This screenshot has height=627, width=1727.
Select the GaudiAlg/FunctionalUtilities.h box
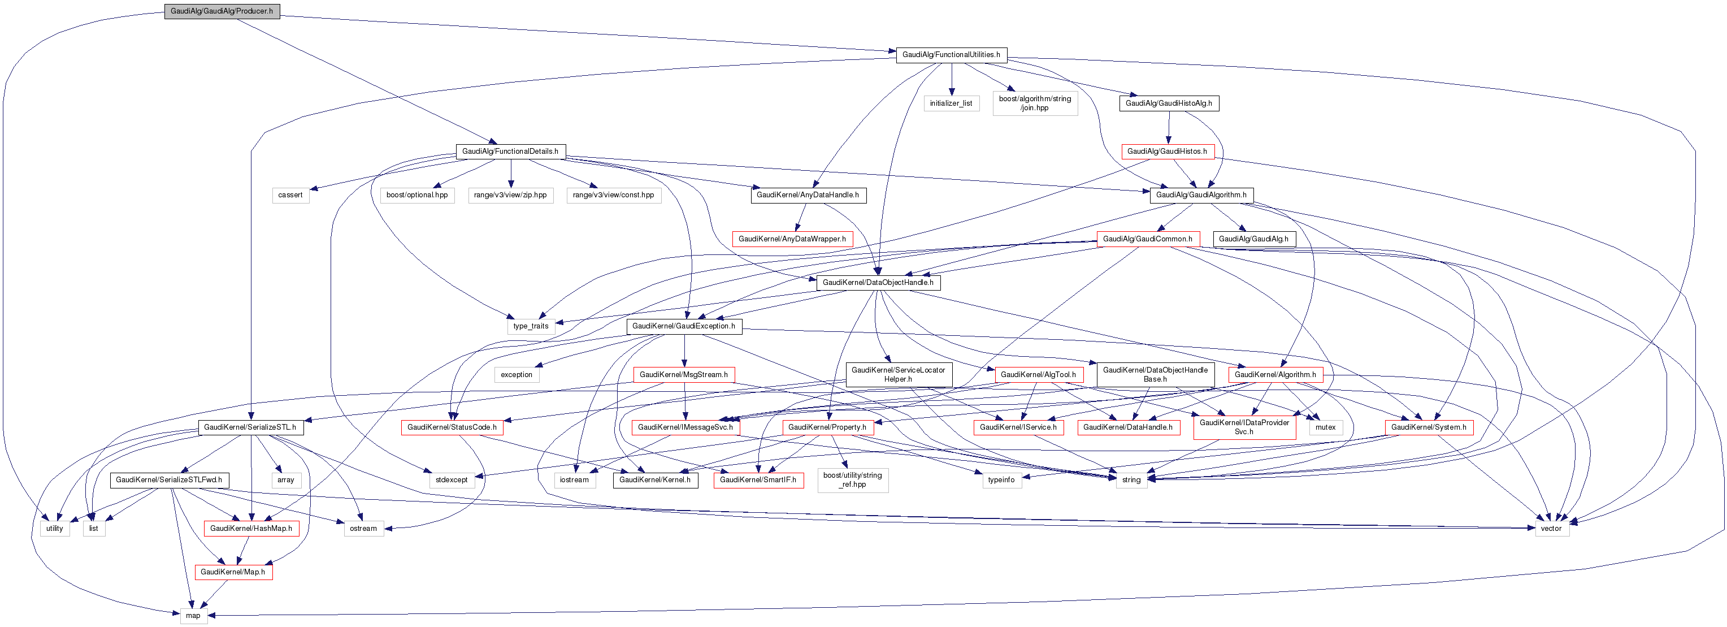pyautogui.click(x=951, y=55)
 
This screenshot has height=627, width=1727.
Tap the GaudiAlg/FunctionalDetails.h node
pyautogui.click(x=510, y=152)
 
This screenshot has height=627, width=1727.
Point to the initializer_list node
pyautogui.click(x=951, y=103)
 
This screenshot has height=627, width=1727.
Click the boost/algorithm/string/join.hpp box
pyautogui.click(x=1035, y=103)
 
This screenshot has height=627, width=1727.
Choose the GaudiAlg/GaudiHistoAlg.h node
pyautogui.click(x=1168, y=103)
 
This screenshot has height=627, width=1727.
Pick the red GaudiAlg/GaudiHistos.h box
pyautogui.click(x=1166, y=152)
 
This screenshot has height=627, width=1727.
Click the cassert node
pyautogui.click(x=290, y=195)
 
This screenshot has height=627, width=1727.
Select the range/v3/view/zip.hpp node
pyautogui.click(x=510, y=195)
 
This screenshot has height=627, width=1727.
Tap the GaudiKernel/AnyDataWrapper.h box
pyautogui.click(x=792, y=239)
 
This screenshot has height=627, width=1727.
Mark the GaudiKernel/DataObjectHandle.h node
pyautogui.click(x=878, y=282)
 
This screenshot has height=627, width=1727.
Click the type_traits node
pyautogui.click(x=530, y=327)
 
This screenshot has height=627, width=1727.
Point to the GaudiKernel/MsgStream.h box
pyautogui.click(x=683, y=375)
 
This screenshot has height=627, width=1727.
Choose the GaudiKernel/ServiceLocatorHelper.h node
pyautogui.click(x=898, y=375)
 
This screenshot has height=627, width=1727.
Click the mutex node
pyautogui.click(x=1325, y=427)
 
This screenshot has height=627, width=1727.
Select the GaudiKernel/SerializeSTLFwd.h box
pyautogui.click(x=169, y=480)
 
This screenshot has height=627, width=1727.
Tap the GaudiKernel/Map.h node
pyautogui.click(x=233, y=572)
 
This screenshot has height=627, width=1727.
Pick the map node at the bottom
pyautogui.click(x=193, y=616)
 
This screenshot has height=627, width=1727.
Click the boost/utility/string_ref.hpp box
pyautogui.click(x=853, y=480)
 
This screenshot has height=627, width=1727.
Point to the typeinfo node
pyautogui.click(x=1001, y=480)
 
